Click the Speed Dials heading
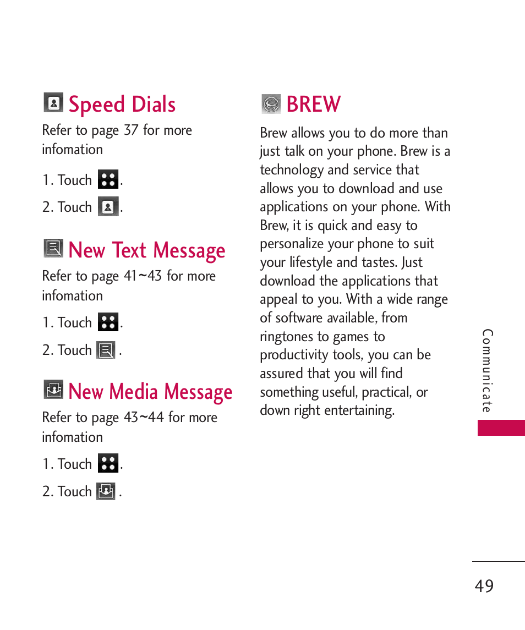coord(122,105)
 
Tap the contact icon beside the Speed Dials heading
coord(53,103)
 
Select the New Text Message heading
coord(147,250)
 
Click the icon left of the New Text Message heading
coord(53,249)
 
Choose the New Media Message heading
coord(150,392)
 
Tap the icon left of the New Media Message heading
coord(53,390)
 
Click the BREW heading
coord(314,105)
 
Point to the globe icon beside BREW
coord(271,103)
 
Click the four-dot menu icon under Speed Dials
coord(108,179)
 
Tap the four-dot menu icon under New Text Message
coord(108,322)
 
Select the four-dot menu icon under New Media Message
coord(108,463)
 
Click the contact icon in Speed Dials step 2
coord(108,207)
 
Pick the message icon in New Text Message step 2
coord(106,350)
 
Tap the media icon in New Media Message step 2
coord(106,491)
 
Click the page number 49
coord(484,586)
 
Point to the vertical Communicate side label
coord(488,371)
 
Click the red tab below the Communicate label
coord(501,428)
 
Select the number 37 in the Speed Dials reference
coord(131,130)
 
